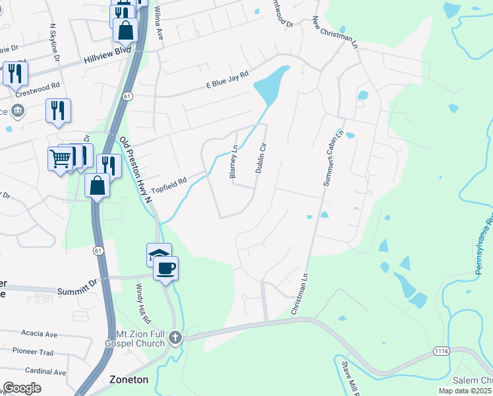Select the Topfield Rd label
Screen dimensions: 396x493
click(169, 184)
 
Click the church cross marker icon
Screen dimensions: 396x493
click(175, 338)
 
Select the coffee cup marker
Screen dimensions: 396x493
click(165, 267)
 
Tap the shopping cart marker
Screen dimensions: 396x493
click(60, 158)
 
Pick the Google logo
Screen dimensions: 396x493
click(22, 388)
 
